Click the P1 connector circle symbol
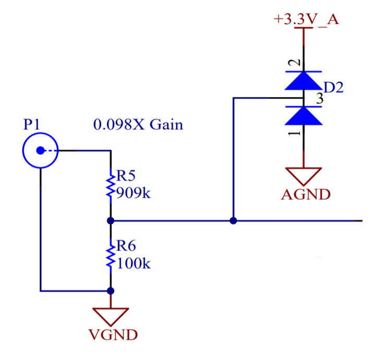click(40, 151)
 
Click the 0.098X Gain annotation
click(138, 125)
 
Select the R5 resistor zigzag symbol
click(110, 184)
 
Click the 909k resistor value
click(132, 194)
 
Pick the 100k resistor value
click(132, 263)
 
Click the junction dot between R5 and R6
click(110, 221)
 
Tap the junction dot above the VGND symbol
click(110, 291)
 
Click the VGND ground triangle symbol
click(110, 316)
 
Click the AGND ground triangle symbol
click(304, 176)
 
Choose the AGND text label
click(305, 195)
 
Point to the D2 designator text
click(333, 87)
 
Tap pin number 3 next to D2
click(320, 99)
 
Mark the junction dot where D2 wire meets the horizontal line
click(233, 221)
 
